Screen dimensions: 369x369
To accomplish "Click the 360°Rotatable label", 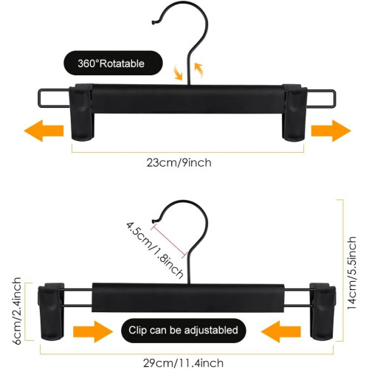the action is [111, 63].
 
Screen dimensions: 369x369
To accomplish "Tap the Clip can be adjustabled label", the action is [183, 330].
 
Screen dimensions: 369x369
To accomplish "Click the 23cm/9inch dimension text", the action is [179, 163].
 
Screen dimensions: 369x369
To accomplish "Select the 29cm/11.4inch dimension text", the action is [183, 363].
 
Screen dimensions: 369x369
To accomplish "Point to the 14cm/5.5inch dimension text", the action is [352, 272].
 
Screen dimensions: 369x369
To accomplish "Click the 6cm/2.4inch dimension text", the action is [16, 311].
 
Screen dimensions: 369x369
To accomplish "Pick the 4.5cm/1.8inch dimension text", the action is [155, 250].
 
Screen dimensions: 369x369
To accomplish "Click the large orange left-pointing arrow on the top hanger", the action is [44, 131].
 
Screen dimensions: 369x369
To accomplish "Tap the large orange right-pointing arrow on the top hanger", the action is [331, 131].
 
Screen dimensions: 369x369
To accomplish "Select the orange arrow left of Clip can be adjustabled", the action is [93, 331].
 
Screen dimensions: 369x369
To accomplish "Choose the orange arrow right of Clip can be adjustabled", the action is [281, 331].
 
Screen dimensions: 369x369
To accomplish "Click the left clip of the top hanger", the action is [81, 112].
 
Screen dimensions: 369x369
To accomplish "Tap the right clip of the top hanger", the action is [294, 112].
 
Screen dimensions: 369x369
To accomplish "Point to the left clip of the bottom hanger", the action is [51, 311].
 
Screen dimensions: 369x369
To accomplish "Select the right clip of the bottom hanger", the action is [323, 311].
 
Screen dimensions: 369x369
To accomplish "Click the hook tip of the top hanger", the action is [154, 23].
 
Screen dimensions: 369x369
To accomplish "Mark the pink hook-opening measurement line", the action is [170, 241].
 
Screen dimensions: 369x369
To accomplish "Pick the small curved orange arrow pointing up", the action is [199, 71].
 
